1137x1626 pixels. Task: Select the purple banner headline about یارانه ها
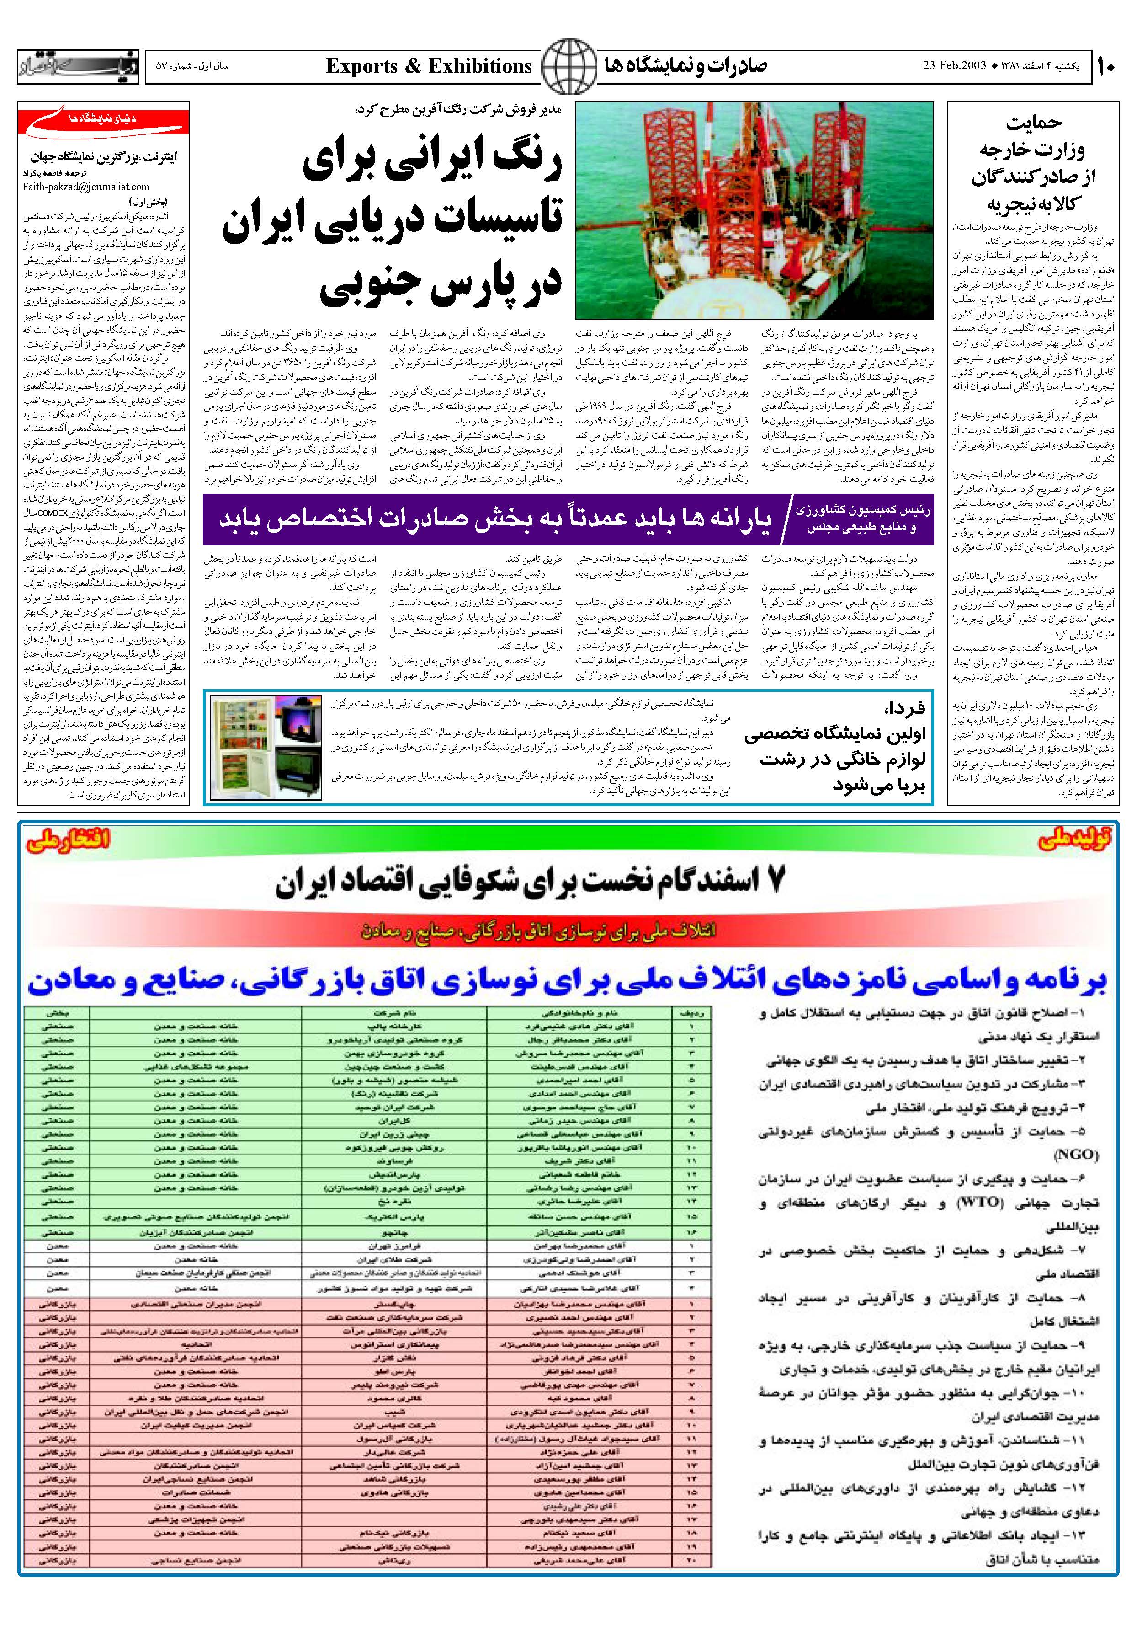pos(495,517)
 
